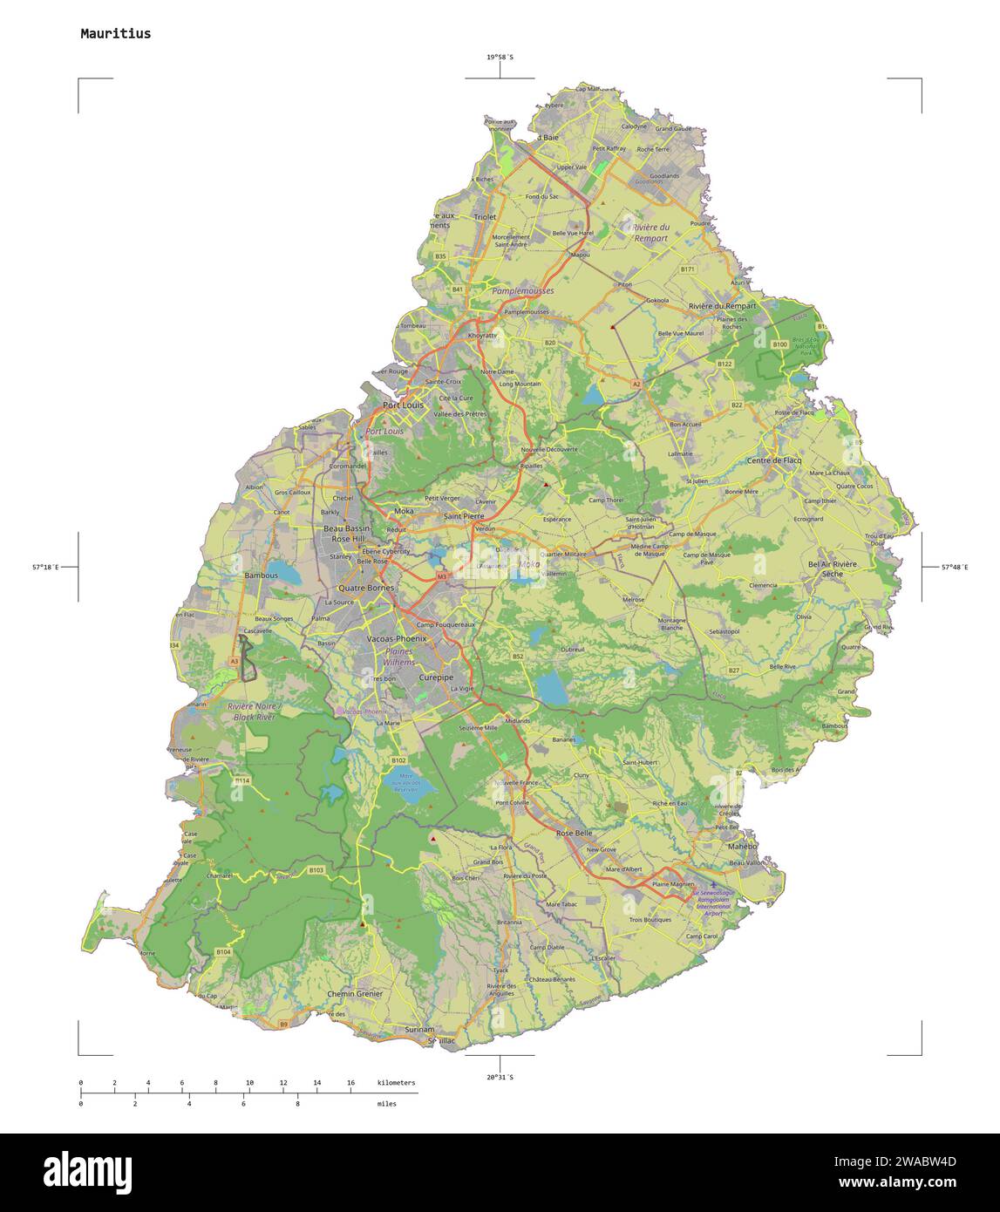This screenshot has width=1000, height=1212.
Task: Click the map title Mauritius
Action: pyautogui.click(x=115, y=34)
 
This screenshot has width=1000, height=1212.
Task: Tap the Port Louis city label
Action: pyautogui.click(x=402, y=405)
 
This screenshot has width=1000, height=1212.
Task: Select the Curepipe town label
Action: pyautogui.click(x=436, y=677)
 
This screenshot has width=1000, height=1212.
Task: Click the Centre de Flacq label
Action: pyautogui.click(x=773, y=460)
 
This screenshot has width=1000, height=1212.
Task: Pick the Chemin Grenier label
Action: pyautogui.click(x=355, y=994)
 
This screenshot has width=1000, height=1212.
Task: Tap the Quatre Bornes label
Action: pyautogui.click(x=366, y=588)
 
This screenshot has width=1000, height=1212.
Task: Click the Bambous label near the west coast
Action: pyautogui.click(x=261, y=575)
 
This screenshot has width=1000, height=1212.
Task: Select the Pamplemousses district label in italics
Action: pyautogui.click(x=522, y=290)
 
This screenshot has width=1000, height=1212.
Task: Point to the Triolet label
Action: pyautogui.click(x=485, y=216)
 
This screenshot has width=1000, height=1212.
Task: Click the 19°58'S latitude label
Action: pyautogui.click(x=500, y=58)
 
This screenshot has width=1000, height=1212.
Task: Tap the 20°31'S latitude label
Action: pyautogui.click(x=500, y=1078)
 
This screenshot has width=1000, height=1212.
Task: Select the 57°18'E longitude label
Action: pyautogui.click(x=45, y=567)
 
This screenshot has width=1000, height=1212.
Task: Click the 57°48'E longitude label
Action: pyautogui.click(x=954, y=567)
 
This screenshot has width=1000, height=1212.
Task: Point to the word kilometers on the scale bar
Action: pyautogui.click(x=396, y=1082)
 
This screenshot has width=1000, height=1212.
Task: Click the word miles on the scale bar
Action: pyautogui.click(x=386, y=1103)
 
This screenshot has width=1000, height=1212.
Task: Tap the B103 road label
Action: pyautogui.click(x=316, y=870)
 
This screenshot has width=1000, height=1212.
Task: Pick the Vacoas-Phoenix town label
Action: pyautogui.click(x=397, y=639)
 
